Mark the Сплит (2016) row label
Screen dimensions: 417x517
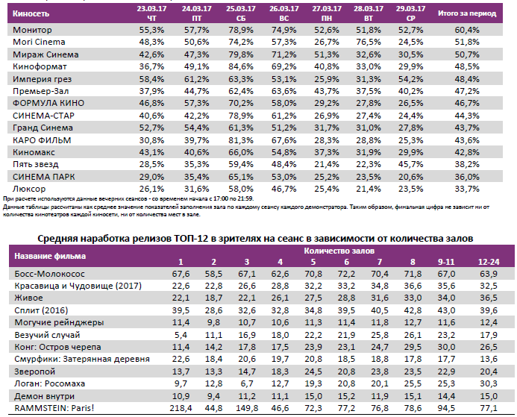(x=42, y=310)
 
